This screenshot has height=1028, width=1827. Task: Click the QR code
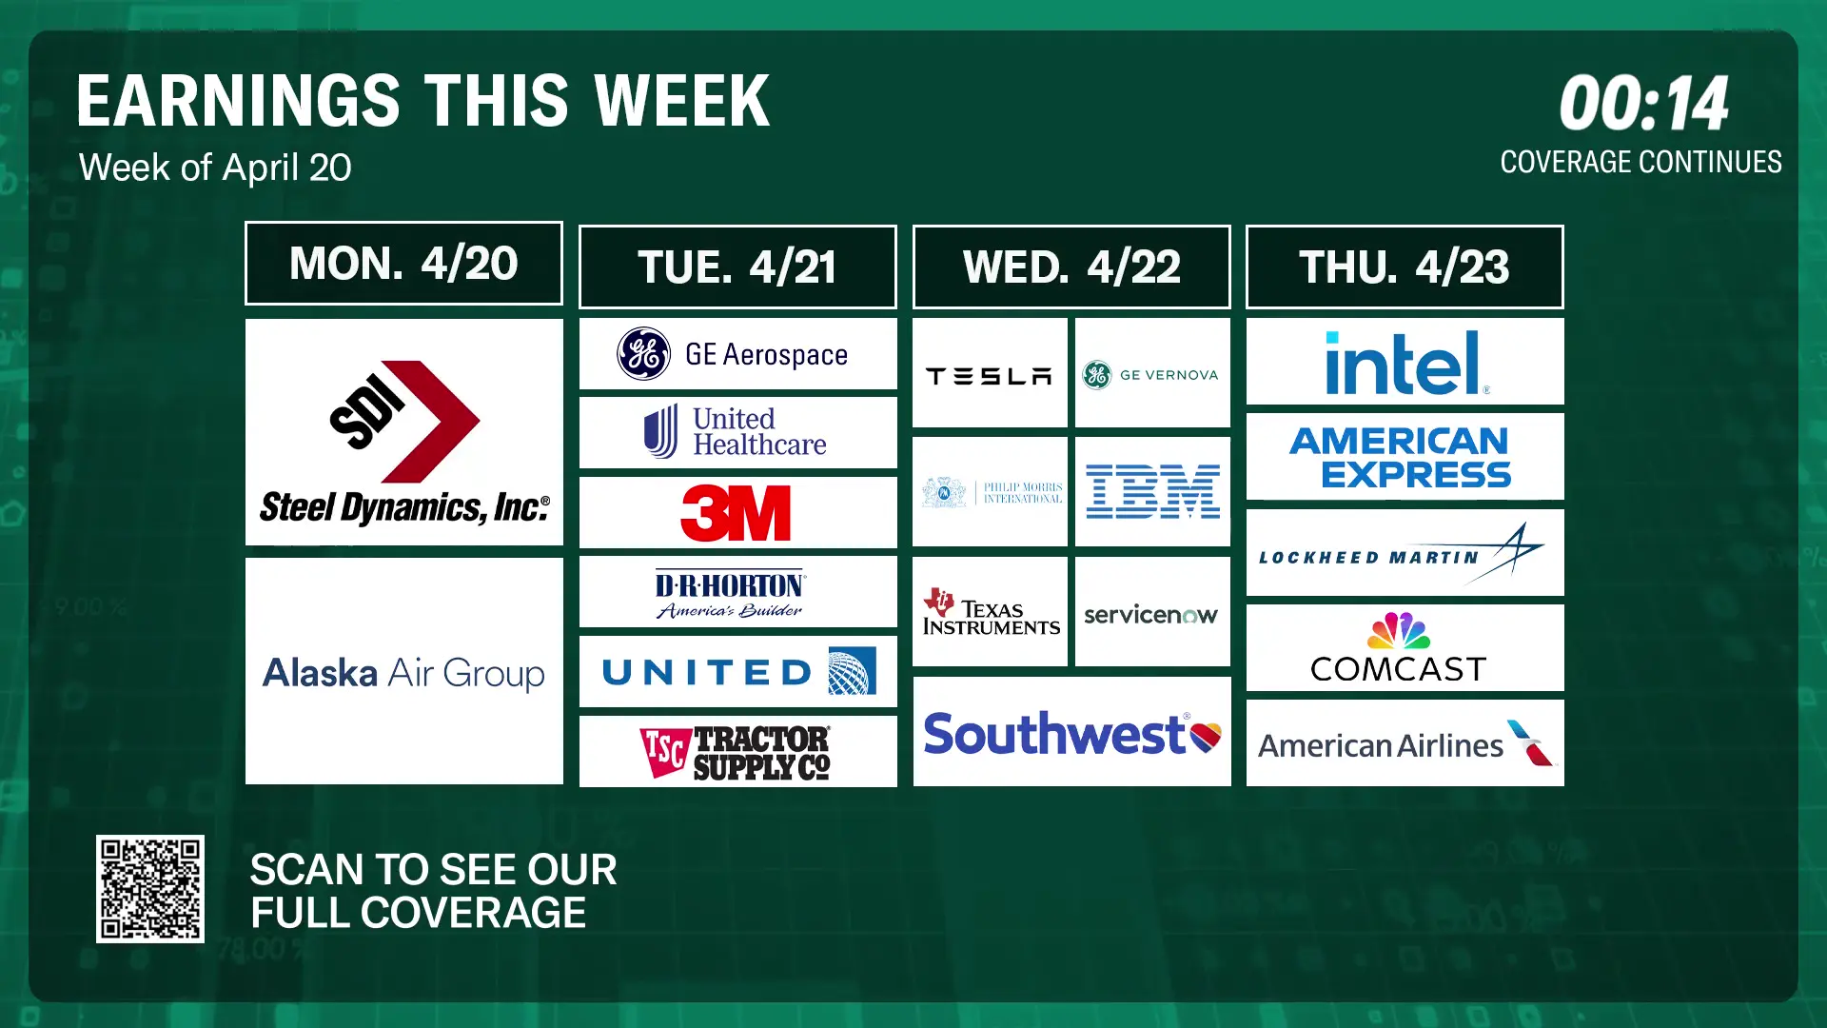tap(150, 889)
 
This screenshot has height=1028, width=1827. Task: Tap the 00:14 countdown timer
tap(1643, 104)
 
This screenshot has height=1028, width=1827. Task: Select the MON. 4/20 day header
tap(403, 264)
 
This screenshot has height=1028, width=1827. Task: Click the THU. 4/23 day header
tap(1405, 267)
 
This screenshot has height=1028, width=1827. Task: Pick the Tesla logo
tap(990, 376)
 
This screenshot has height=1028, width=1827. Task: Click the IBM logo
tap(1152, 491)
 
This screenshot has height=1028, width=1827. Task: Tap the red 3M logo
tap(737, 513)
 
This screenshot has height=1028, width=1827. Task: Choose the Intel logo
tap(1405, 363)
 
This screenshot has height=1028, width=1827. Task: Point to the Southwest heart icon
tap(1206, 736)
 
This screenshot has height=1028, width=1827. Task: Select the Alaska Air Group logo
tap(403, 673)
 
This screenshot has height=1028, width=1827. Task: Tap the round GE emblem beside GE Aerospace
tap(644, 354)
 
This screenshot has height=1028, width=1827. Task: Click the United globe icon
tap(852, 672)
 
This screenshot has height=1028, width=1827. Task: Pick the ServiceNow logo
tap(1151, 615)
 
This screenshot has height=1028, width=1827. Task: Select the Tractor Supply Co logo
tap(737, 752)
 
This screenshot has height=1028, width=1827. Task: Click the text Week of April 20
tap(215, 168)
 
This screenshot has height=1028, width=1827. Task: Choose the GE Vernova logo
tap(1151, 375)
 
